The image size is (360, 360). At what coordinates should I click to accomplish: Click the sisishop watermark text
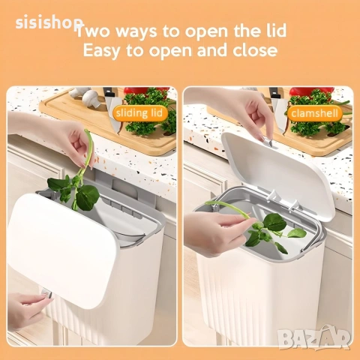[x=49, y=22]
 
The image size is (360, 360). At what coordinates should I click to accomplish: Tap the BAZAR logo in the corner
[x=314, y=337]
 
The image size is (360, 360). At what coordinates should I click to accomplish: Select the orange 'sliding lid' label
[x=139, y=113]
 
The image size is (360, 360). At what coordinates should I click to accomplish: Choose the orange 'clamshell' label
[x=314, y=113]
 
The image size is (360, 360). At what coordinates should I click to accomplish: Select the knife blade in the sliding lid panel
[x=112, y=114]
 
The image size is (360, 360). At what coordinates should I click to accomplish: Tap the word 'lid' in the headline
[x=275, y=30]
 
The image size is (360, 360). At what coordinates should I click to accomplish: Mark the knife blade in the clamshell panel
[x=279, y=114]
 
